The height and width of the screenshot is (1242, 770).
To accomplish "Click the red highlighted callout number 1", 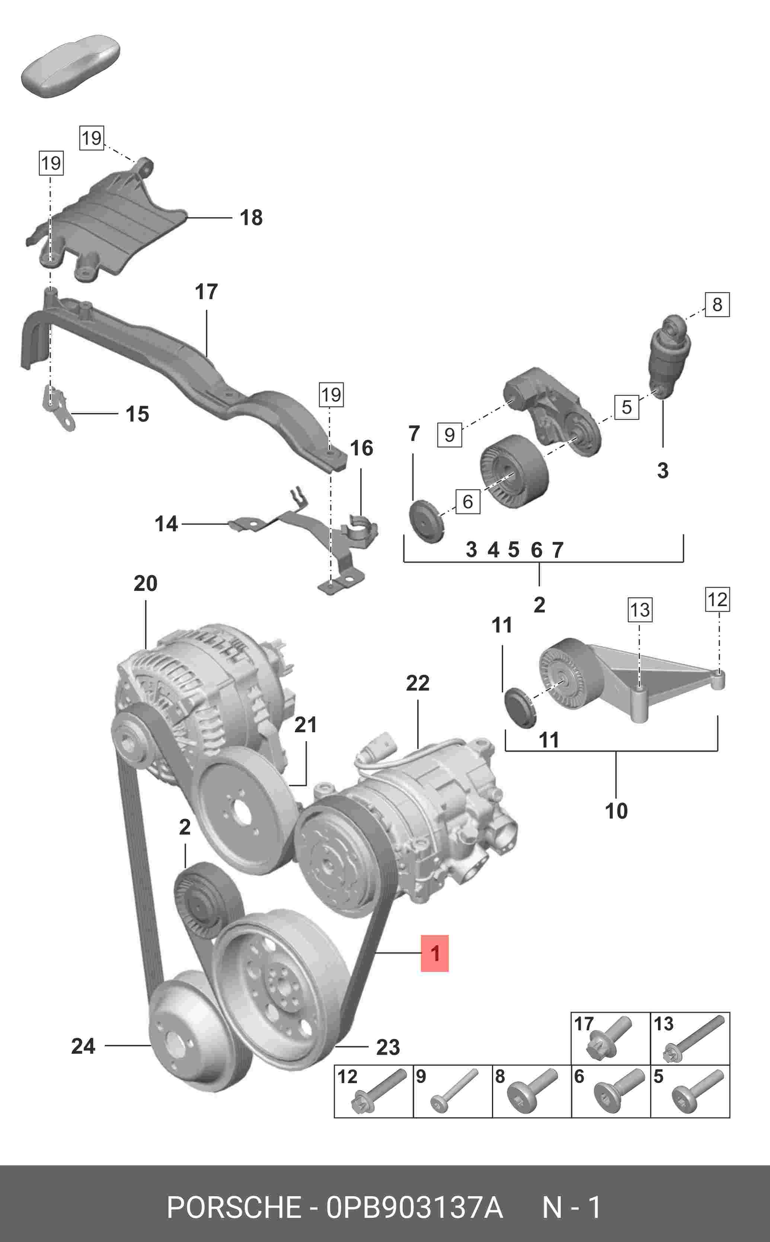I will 434,953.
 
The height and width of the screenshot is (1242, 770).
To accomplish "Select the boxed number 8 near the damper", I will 717,304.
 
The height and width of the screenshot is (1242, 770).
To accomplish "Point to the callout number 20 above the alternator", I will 146,583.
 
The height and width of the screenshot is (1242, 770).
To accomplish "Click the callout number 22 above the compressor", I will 418,683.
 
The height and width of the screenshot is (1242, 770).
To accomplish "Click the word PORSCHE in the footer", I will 234,1207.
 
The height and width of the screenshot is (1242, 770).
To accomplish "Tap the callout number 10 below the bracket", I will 616,811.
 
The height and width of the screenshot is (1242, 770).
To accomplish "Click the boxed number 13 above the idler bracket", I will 640,609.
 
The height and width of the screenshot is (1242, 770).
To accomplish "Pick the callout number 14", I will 166,524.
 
